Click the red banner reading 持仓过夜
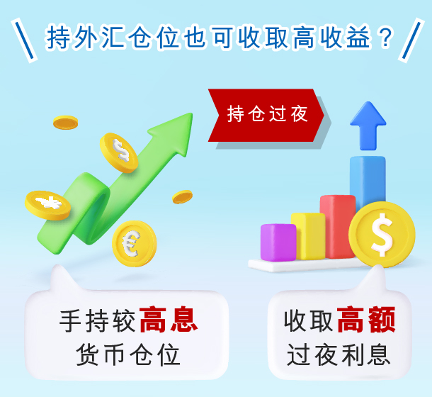(x=266, y=116)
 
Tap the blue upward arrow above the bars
(x=368, y=125)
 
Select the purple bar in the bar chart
(x=278, y=242)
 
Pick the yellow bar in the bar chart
(x=308, y=236)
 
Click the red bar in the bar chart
(x=338, y=226)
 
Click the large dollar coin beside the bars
(x=382, y=235)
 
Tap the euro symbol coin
(x=134, y=244)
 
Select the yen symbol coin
(x=47, y=206)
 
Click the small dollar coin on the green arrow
(x=119, y=152)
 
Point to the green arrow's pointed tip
(x=191, y=113)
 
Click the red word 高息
(x=169, y=320)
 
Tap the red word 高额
(x=366, y=320)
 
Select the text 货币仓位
(x=128, y=355)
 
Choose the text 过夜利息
(x=339, y=355)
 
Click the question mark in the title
(x=385, y=37)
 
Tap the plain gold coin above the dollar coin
(x=66, y=123)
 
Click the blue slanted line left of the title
(x=24, y=40)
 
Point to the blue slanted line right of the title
(x=411, y=40)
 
